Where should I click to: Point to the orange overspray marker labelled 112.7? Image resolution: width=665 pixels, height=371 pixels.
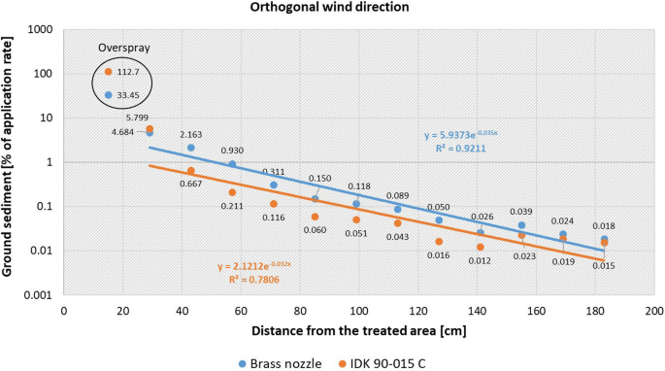coord(108,72)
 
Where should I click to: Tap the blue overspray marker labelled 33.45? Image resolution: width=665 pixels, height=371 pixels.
coord(108,95)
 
